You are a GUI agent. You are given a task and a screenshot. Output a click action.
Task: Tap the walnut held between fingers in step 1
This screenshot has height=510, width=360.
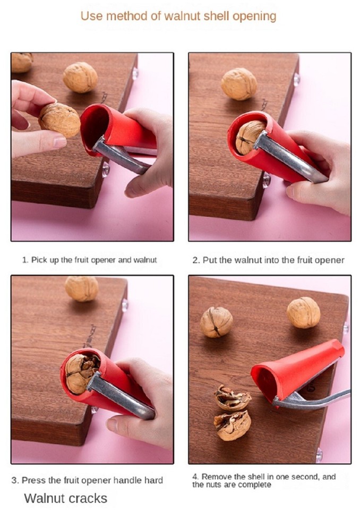tap(59, 120)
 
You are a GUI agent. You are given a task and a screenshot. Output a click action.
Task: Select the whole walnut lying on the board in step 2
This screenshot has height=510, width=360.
tap(239, 83)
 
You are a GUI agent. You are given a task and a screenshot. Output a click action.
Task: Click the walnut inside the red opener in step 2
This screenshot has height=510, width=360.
tap(247, 137)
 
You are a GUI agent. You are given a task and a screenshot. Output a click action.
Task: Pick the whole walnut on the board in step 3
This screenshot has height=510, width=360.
tap(82, 288)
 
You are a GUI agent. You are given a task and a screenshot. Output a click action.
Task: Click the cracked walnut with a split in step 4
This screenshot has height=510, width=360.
tap(216, 322)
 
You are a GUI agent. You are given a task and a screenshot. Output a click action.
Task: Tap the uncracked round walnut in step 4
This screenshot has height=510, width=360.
tap(303, 312)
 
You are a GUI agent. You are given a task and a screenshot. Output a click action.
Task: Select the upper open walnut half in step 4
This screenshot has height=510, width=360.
tap(232, 398)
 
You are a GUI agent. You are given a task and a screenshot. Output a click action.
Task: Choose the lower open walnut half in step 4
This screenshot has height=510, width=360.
tap(232, 425)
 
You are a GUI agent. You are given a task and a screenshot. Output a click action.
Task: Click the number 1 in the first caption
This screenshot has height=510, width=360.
tap(24, 260)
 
